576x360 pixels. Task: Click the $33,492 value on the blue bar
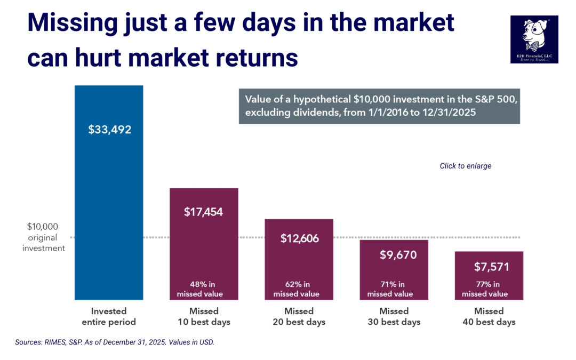(x=109, y=130)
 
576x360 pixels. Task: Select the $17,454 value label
(x=204, y=212)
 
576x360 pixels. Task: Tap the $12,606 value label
(x=299, y=238)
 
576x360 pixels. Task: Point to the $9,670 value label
(x=394, y=255)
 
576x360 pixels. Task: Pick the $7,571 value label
(x=489, y=267)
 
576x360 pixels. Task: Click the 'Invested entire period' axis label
(x=109, y=316)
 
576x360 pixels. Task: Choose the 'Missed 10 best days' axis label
(x=204, y=316)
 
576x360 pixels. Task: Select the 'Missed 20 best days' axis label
(x=299, y=316)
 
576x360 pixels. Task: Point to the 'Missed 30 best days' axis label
(x=394, y=316)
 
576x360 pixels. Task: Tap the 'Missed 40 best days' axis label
(x=489, y=316)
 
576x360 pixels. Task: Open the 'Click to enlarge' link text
(x=465, y=166)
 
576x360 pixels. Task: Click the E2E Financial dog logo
(x=534, y=39)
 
